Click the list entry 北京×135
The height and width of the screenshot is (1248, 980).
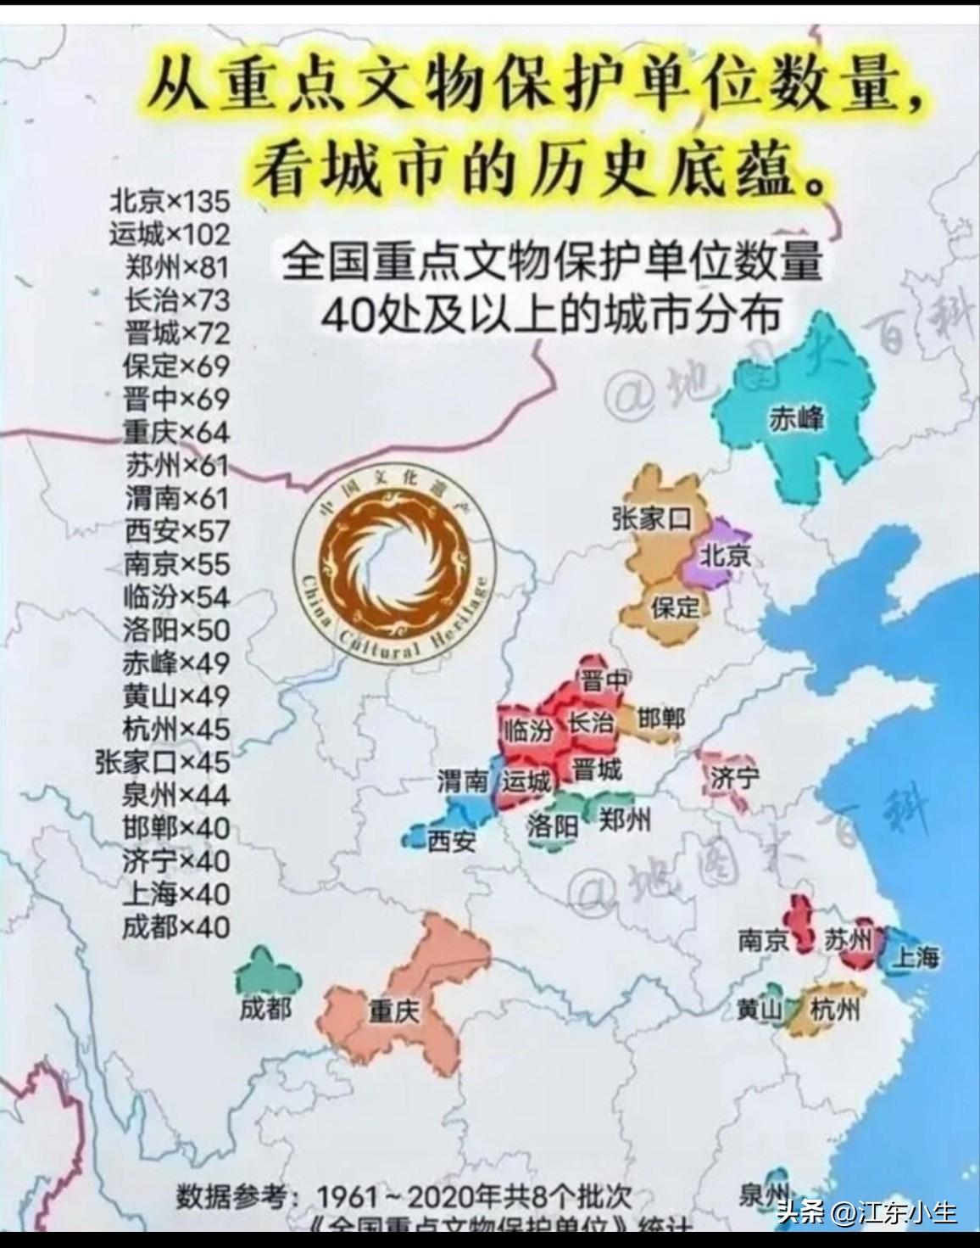[170, 201]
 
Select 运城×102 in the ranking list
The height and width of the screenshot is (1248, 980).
[170, 233]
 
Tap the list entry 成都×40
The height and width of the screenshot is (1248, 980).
[175, 926]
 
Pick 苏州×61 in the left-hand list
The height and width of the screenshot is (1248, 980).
[176, 465]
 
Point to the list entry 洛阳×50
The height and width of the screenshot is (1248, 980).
[175, 630]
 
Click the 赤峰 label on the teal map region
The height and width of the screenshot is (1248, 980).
[796, 418]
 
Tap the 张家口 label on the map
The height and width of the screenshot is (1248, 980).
[652, 519]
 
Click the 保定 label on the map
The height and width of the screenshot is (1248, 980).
[675, 607]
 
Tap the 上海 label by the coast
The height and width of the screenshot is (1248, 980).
[916, 957]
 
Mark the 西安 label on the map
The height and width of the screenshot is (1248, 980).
[451, 841]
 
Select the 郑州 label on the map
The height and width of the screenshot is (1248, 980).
[626, 820]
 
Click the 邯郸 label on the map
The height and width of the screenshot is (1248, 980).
[660, 719]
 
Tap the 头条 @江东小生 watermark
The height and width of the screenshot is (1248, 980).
[866, 1212]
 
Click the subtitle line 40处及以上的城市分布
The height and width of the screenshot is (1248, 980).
[549, 316]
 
